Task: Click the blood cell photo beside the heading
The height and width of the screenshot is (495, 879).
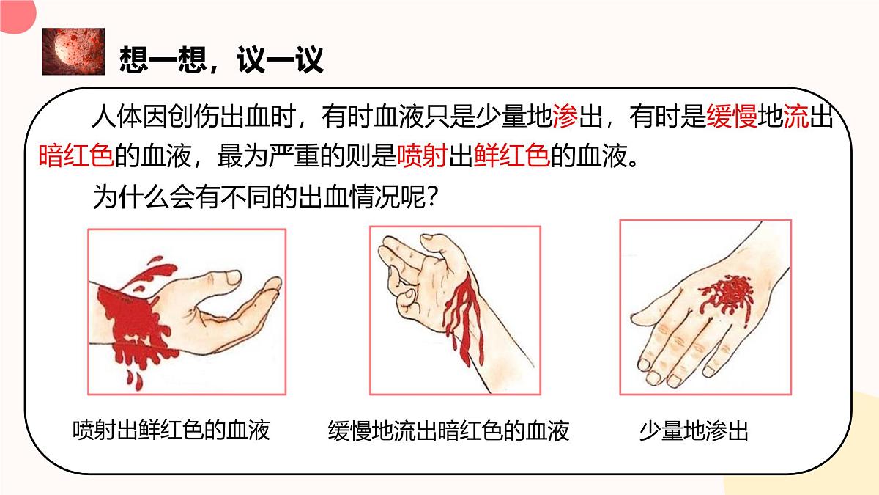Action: pos(73,51)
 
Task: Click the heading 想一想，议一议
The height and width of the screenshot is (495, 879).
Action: pos(221,59)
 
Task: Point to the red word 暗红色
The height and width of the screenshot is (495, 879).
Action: pos(76,156)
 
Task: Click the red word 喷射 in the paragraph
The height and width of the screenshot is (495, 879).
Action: pos(422,156)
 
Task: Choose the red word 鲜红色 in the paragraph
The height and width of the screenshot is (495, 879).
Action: pos(512,156)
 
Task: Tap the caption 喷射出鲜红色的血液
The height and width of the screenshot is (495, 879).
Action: pos(171,430)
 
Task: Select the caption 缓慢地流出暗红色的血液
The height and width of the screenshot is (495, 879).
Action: pos(448,430)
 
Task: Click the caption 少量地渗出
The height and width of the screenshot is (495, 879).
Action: pos(694,430)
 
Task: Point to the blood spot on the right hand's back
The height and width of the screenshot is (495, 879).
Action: pos(726,296)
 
